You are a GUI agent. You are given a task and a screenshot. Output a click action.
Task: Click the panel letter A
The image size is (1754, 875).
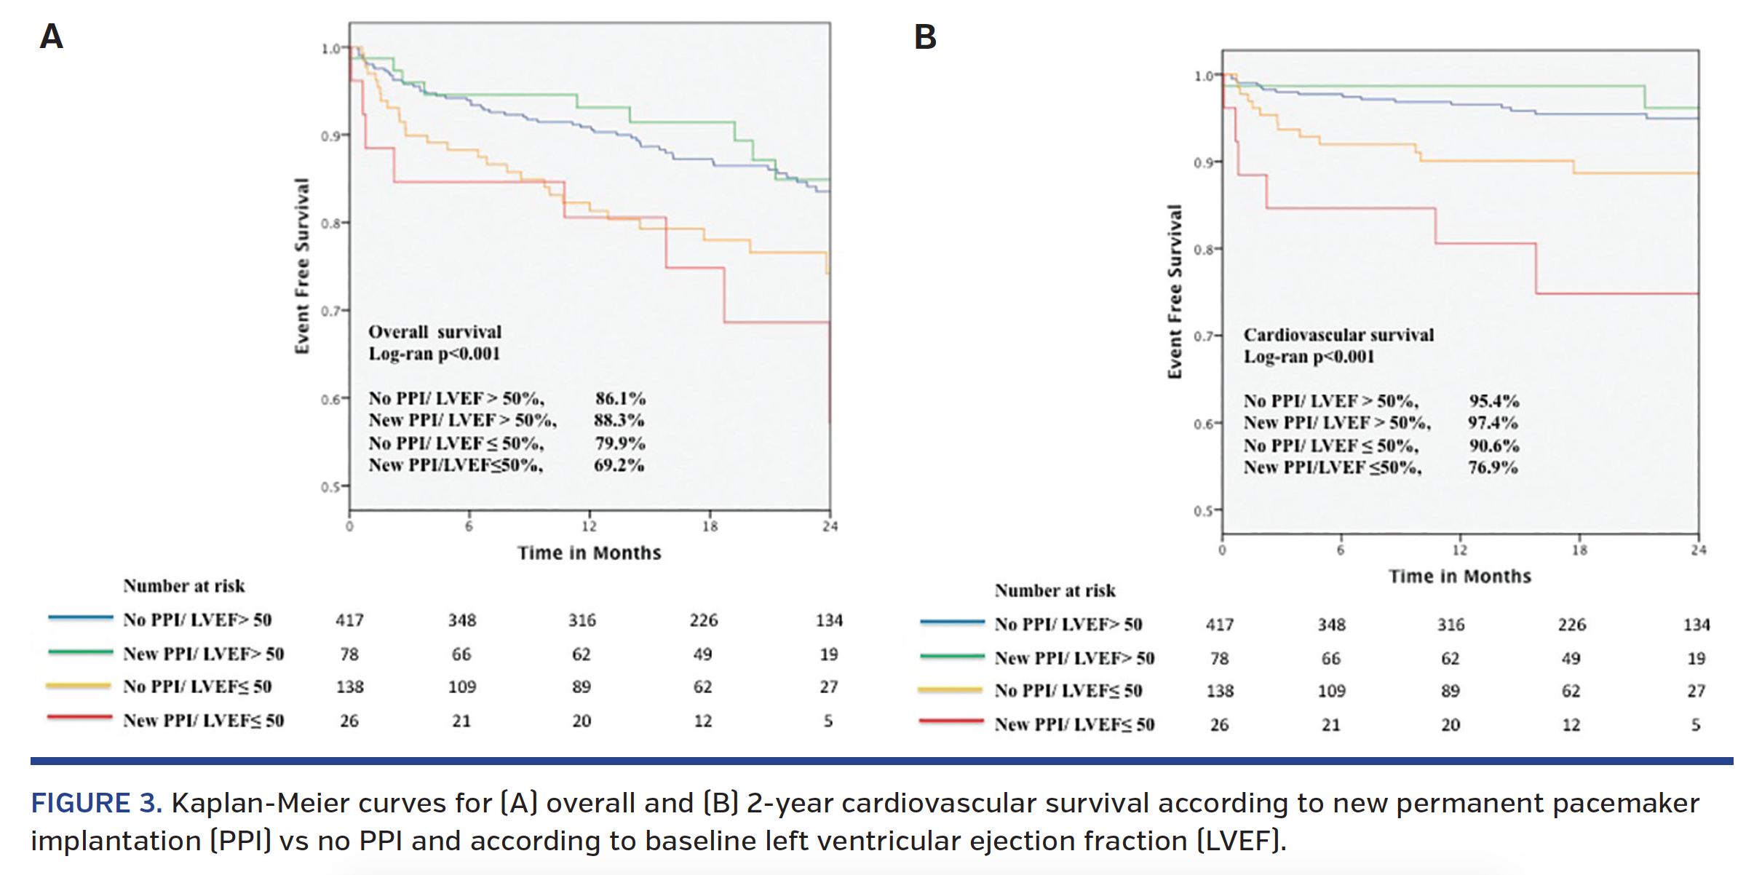51,36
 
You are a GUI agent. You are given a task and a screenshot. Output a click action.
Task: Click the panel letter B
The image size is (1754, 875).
925,37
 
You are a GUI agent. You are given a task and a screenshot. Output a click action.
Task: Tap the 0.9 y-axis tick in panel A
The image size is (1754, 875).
331,136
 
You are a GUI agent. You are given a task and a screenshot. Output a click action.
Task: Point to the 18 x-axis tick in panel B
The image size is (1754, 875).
1579,550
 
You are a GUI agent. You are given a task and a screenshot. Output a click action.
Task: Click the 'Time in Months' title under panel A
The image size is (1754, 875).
589,553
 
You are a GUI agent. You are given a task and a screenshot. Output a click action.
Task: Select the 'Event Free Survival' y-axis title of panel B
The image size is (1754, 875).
1174,291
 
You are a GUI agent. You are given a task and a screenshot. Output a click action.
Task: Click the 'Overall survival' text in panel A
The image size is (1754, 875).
434,332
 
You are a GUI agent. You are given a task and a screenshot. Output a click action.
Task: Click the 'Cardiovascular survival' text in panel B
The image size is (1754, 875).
1338,335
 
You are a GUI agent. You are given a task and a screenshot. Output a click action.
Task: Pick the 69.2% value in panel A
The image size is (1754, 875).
619,465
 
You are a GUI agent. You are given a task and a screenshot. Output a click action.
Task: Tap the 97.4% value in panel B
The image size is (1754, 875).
1493,423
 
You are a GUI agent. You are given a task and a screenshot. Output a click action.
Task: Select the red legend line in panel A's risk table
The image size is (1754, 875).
79,718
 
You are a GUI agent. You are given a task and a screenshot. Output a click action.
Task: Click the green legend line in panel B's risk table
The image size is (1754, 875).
952,657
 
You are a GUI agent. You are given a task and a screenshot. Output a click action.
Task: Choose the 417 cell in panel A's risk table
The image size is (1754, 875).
349,621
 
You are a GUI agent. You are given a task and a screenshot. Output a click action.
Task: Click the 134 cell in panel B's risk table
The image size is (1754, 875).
1697,625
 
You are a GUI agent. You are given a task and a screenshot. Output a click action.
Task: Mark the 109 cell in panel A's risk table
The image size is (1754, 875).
461,687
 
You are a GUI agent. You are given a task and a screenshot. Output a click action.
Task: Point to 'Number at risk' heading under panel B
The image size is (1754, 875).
1055,590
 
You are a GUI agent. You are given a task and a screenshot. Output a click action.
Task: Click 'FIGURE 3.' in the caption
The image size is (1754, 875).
95,804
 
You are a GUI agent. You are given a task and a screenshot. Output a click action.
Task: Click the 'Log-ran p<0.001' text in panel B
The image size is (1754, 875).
1308,357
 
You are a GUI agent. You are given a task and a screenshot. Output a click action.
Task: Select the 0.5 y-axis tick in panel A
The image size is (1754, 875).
331,487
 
